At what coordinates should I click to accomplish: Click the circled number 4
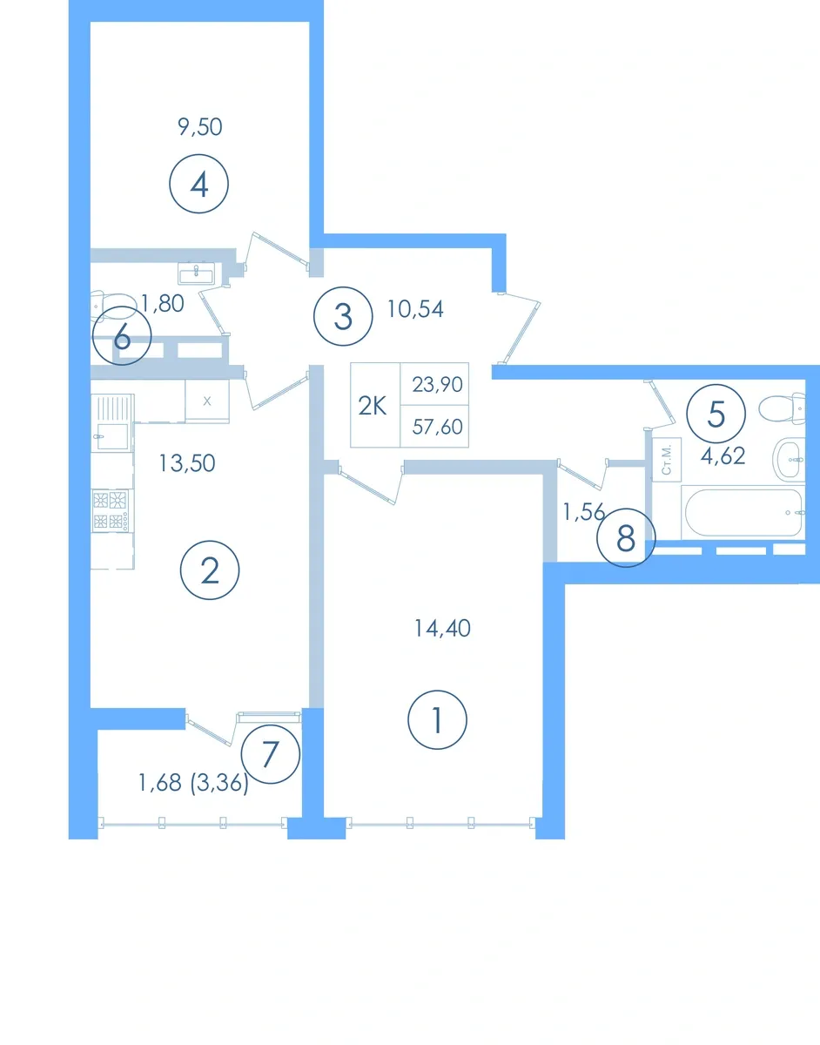198,184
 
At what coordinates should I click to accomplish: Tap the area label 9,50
200,127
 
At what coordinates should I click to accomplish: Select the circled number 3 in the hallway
343,316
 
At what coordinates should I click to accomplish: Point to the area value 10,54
415,309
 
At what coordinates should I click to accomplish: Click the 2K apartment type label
373,407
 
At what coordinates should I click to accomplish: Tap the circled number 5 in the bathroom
716,414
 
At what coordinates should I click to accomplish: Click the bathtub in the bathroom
743,512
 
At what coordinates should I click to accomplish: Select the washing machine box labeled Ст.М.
667,460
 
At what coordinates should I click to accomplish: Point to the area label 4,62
723,456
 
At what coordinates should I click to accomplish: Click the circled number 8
626,537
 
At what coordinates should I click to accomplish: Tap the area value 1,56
583,512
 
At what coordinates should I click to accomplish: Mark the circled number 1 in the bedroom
437,720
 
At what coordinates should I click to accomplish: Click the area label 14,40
442,629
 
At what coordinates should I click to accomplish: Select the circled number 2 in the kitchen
210,570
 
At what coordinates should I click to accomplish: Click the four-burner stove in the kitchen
111,510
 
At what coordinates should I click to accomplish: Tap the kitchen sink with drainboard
112,422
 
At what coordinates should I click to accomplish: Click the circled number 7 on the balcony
270,754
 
